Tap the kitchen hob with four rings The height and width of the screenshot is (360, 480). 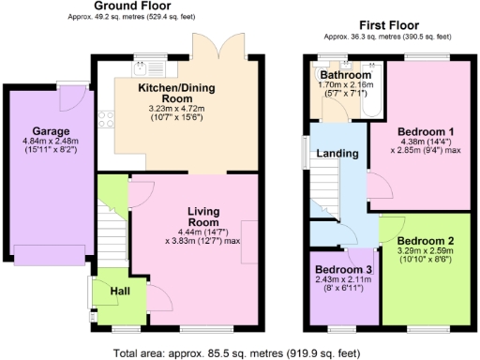pos(106,119)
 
